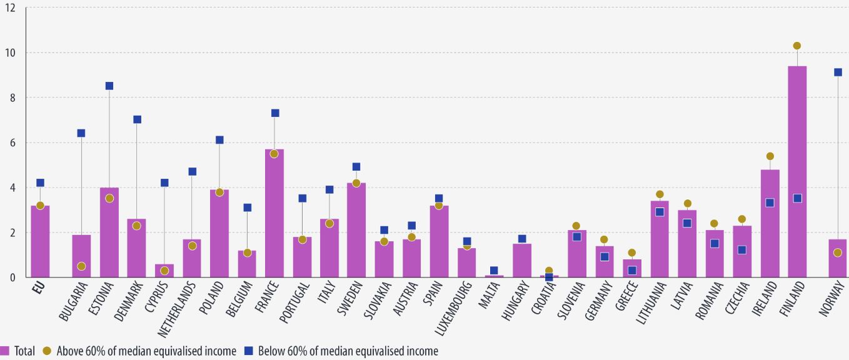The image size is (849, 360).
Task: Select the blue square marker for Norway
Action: click(838, 72)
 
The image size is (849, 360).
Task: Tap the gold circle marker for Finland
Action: click(797, 46)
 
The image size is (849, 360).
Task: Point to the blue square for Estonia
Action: click(109, 86)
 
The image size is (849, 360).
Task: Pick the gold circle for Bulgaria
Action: click(82, 266)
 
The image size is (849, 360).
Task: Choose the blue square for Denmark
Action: click(137, 119)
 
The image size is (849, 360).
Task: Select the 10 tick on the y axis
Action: click(11, 53)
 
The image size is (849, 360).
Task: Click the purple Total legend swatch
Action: click(5, 351)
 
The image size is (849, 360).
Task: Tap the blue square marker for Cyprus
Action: click(164, 182)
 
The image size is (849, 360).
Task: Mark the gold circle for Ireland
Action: click(770, 156)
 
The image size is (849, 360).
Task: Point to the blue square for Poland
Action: click(219, 140)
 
